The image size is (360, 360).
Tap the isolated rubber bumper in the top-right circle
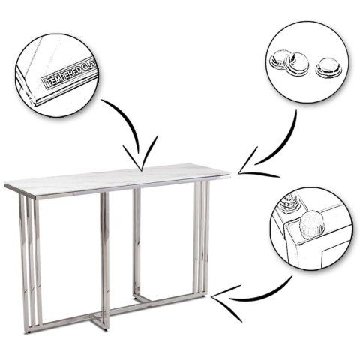coord(325,67)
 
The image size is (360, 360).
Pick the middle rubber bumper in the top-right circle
coord(297,64)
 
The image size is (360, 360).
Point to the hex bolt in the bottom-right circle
coord(289,202)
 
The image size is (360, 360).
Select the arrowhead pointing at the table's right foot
coord(226,301)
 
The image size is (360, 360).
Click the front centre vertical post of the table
coord(105,260)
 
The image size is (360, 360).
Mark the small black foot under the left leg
coord(30,333)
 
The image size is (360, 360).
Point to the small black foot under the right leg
coord(205,297)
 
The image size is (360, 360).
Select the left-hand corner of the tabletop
coord(5,187)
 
